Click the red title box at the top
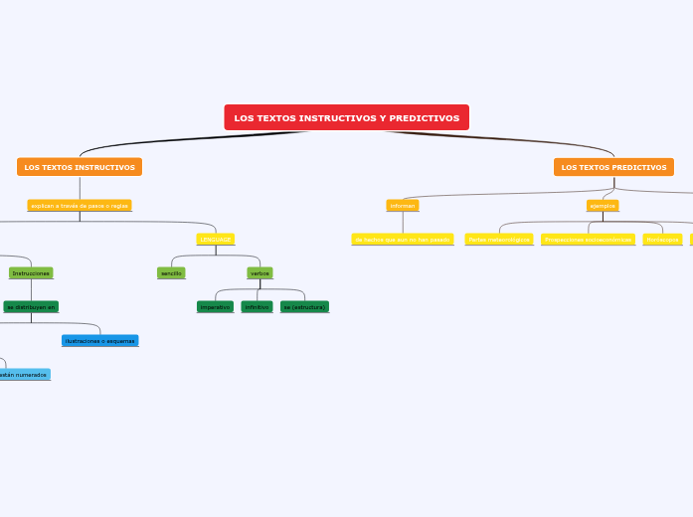pos(346,117)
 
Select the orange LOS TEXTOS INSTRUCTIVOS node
pos(80,167)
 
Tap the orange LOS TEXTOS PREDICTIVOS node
pos(613,167)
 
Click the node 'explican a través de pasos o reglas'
pos(80,205)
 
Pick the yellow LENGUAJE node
pos(216,240)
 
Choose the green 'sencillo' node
pos(171,272)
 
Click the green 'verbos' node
pos(260,272)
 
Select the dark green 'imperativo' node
pos(216,307)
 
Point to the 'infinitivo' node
pos(257,307)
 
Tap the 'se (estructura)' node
pos(304,307)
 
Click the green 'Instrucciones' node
pos(31,272)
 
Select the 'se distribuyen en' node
pos(31,307)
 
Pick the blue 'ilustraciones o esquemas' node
pos(100,341)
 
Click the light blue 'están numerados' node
pos(24,375)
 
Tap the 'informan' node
pos(403,205)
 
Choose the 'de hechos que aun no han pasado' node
pos(403,240)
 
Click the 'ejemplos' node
pos(603,205)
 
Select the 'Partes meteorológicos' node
pos(499,240)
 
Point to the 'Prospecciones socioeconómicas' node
pos(589,240)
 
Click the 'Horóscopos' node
pos(662,240)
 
